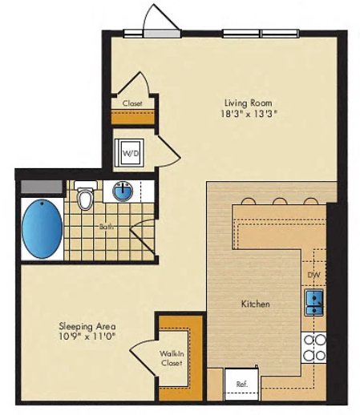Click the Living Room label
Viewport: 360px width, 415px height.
248,103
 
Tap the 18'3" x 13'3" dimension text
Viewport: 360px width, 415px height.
249,114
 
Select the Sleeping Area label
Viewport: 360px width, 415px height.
87,326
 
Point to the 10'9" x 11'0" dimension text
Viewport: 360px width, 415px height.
87,336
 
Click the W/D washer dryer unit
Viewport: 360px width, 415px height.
130,153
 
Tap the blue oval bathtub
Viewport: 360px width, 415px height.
42,228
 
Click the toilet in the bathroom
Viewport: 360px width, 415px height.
85,195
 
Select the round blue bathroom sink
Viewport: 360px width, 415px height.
123,191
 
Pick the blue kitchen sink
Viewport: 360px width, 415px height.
314,302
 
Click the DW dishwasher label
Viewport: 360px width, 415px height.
313,275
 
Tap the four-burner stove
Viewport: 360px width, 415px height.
314,348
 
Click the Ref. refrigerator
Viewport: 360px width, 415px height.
241,384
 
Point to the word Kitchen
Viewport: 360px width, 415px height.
256,304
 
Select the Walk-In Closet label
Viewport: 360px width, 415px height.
172,358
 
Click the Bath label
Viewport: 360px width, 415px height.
107,227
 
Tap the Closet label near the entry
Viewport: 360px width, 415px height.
132,103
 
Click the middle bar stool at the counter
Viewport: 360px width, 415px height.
280,201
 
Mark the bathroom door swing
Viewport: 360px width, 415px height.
142,235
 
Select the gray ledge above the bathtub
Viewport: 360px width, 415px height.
42,187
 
